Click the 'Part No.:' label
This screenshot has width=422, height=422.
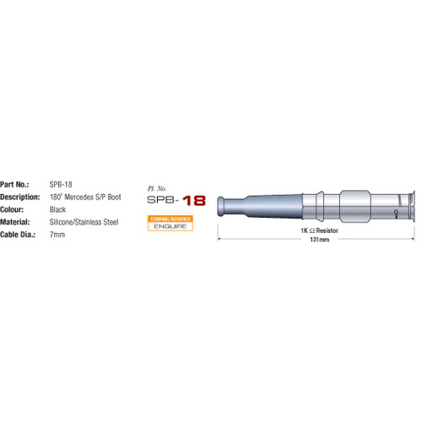coord(17,183)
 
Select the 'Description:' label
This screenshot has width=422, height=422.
coord(20,196)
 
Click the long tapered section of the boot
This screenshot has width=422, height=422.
coord(270,205)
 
